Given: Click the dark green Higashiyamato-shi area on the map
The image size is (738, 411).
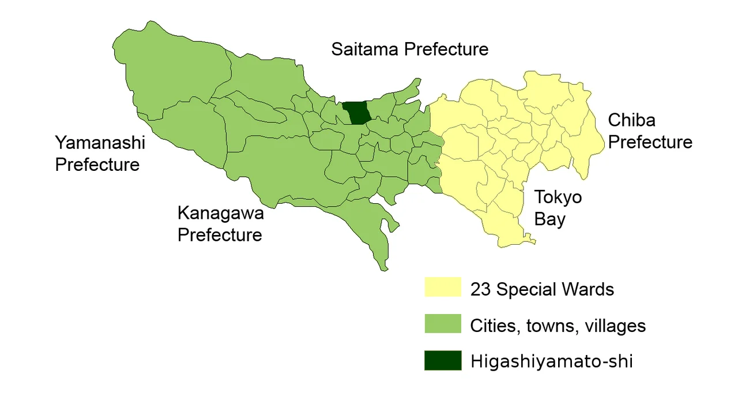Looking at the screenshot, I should (357, 113).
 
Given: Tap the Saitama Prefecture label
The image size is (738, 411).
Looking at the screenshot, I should (409, 50).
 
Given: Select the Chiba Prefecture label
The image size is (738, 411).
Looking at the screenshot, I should (650, 131).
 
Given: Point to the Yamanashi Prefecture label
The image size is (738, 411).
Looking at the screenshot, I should (99, 154).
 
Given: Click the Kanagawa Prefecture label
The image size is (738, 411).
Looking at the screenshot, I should (220, 224).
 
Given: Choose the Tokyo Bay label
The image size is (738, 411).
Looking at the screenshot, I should (558, 208).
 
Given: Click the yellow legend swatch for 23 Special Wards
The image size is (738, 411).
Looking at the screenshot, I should (443, 287).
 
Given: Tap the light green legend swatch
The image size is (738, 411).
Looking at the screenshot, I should (443, 324).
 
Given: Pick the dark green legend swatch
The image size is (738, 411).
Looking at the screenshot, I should (443, 360).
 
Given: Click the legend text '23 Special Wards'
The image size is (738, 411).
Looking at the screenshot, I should (542, 289).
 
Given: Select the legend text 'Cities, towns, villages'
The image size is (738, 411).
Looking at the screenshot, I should (558, 326).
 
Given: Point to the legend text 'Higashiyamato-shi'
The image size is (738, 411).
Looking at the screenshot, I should (551, 361).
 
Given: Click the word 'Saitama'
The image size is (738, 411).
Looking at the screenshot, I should (364, 50).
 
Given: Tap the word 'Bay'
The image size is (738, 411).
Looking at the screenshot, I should (549, 219).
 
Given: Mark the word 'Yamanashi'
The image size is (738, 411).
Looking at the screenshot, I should (99, 143).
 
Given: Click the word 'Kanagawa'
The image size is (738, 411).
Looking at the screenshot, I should (220, 213).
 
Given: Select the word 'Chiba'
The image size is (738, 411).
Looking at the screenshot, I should (631, 120).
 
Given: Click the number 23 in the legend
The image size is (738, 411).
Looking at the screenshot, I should (480, 289).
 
